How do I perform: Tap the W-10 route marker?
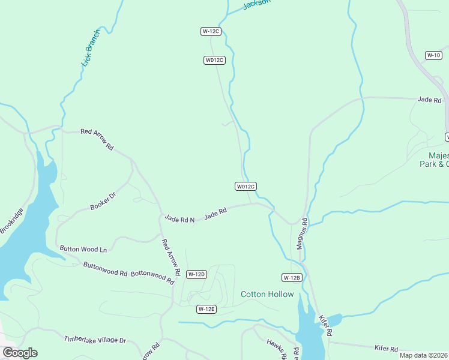point(433,55)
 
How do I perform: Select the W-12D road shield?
point(196,274)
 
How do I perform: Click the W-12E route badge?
point(206,309)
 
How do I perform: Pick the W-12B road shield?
point(291,277)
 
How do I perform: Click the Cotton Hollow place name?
point(267,294)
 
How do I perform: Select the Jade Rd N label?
point(179,220)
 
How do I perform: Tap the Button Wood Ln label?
point(83,248)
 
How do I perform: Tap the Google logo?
point(20,353)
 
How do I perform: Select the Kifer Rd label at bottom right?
point(386,349)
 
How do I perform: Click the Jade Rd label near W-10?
point(429,100)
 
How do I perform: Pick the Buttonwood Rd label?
point(105,269)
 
